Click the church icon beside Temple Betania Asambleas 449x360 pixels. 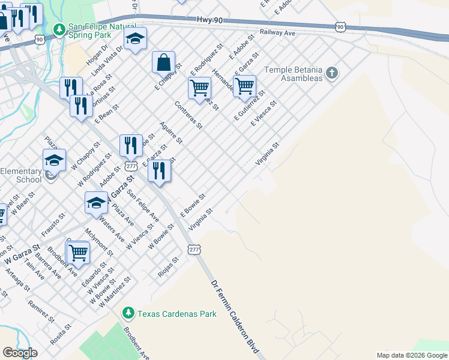tap(332, 74)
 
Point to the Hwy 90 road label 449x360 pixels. tap(209, 20)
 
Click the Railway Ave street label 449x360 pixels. tap(278, 32)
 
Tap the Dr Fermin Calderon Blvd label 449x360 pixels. tap(238, 316)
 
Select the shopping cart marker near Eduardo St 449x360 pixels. tap(78, 253)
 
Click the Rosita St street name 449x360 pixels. tap(61, 334)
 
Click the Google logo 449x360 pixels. tap(20, 353)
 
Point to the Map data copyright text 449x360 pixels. tap(412, 355)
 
